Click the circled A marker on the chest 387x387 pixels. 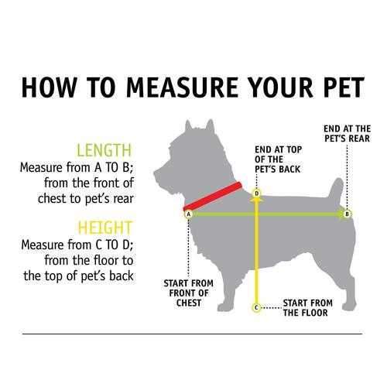(188, 214)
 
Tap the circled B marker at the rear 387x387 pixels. (347, 214)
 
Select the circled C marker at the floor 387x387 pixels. (256, 307)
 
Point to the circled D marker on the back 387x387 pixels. (256, 193)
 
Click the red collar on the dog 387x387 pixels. (213, 196)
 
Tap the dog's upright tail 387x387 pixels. (335, 192)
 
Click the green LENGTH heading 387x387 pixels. (104, 150)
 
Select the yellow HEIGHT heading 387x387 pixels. (105, 228)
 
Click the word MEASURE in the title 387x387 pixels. (182, 87)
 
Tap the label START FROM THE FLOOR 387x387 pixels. (307, 308)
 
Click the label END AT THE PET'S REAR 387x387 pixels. (348, 134)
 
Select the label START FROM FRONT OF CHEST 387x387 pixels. (189, 293)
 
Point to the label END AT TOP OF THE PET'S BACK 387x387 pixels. (278, 159)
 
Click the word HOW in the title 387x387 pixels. (49, 87)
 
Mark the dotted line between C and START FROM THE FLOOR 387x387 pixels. (271, 308)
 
